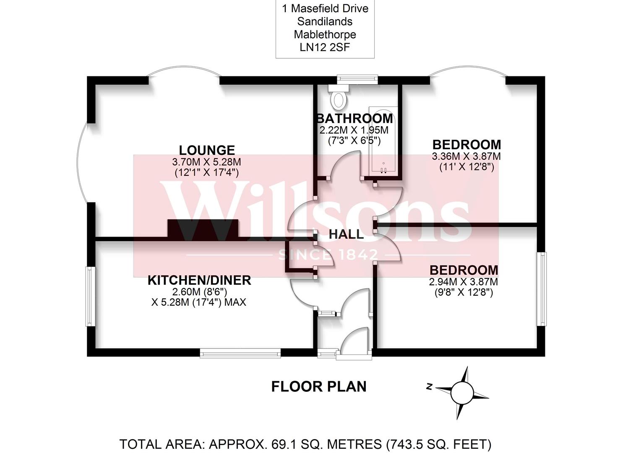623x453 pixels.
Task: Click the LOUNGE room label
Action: pyautogui.click(x=207, y=150)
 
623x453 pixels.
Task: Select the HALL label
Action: pyautogui.click(x=346, y=234)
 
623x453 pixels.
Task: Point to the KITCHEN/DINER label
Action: pyautogui.click(x=199, y=280)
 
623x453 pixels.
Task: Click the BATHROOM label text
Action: pyautogui.click(x=355, y=119)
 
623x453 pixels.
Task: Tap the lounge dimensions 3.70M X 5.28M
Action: pyautogui.click(x=206, y=162)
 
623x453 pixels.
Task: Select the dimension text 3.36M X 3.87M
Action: pyautogui.click(x=467, y=156)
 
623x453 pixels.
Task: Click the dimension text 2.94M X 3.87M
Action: pyautogui.click(x=464, y=282)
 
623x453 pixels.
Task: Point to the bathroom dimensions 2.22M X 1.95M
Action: pyautogui.click(x=354, y=130)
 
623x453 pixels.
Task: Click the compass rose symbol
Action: pyautogui.click(x=461, y=393)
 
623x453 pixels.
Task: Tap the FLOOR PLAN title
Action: pyautogui.click(x=319, y=386)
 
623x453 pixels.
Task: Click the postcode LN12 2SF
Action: pyautogui.click(x=325, y=47)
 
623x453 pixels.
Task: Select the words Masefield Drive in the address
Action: pyautogui.click(x=330, y=8)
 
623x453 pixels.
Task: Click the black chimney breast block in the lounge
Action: pyautogui.click(x=203, y=229)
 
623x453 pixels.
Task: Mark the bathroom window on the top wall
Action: pyautogui.click(x=357, y=78)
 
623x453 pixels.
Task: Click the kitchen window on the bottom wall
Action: pyautogui.click(x=240, y=354)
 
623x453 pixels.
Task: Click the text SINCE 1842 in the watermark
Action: pyautogui.click(x=328, y=255)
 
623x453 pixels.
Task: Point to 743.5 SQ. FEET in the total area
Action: pyautogui.click(x=439, y=444)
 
